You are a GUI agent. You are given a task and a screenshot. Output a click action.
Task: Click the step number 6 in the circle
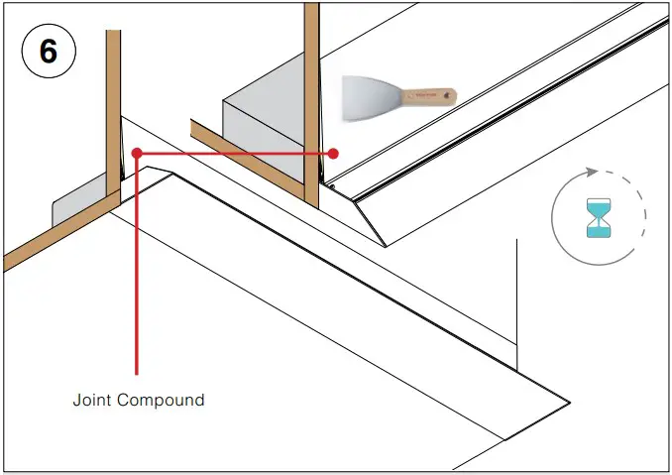click(48, 53)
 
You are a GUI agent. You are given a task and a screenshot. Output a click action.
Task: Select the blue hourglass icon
click(599, 218)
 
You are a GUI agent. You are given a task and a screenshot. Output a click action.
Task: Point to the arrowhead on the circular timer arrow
click(591, 172)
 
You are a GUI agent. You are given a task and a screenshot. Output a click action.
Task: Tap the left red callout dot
click(137, 154)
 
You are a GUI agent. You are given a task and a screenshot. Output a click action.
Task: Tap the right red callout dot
click(334, 154)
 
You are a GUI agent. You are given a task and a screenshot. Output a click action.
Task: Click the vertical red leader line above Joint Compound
click(137, 278)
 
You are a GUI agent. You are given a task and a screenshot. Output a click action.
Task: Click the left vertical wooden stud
click(113, 109)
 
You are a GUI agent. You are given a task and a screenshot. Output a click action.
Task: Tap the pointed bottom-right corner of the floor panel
click(568, 402)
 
